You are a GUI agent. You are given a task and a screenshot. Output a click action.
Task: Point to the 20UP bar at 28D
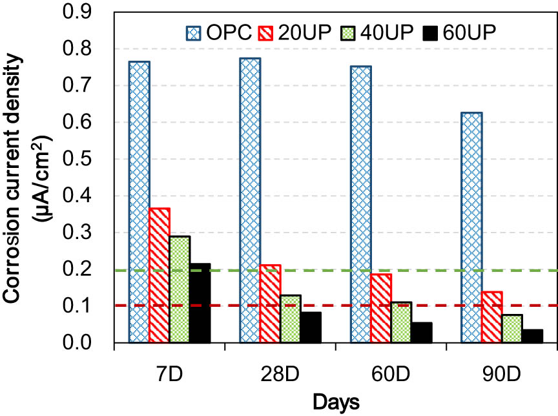point(270,304)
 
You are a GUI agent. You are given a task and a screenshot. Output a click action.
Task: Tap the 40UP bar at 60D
point(402,322)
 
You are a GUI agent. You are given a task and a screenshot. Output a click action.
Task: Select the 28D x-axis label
point(280,371)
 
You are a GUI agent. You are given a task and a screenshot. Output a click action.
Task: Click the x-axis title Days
point(336,402)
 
